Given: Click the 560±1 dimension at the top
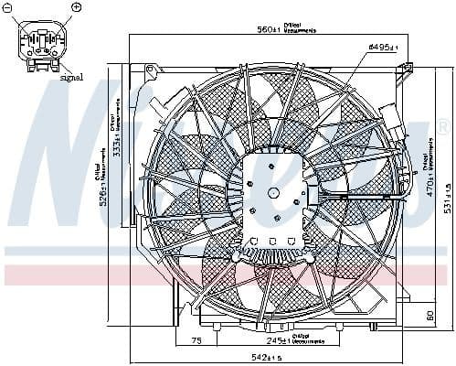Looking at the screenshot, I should pyautogui.click(x=265, y=29).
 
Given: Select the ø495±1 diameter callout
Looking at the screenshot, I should pyautogui.click(x=385, y=47).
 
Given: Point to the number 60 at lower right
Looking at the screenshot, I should pyautogui.click(x=429, y=316).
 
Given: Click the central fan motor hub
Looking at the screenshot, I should pyautogui.click(x=275, y=194).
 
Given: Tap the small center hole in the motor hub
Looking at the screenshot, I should pyautogui.click(x=274, y=192).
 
